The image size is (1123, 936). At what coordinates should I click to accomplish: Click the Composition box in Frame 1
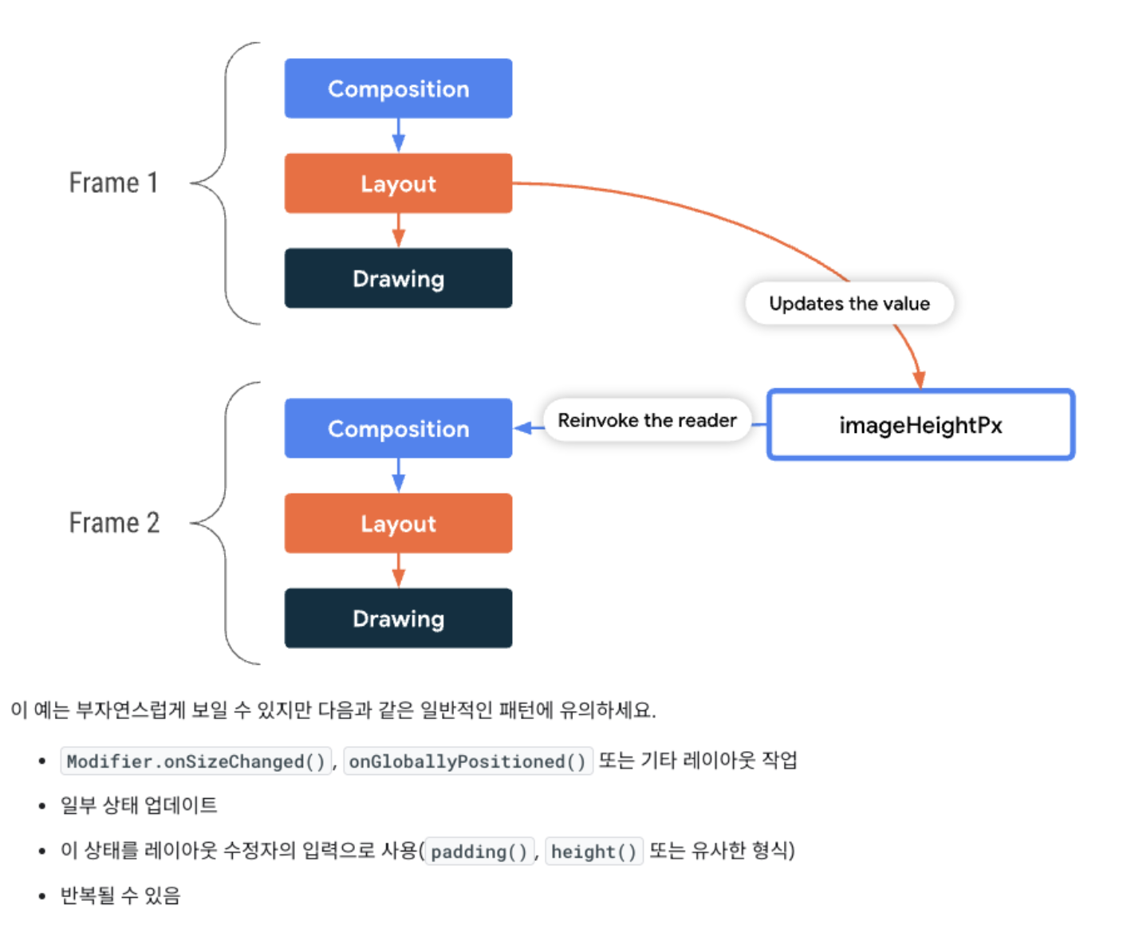click(x=398, y=88)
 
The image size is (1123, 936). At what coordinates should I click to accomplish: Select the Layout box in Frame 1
click(x=398, y=183)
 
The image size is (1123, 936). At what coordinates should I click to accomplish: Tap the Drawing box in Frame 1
click(x=398, y=278)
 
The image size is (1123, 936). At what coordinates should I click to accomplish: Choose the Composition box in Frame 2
click(x=398, y=428)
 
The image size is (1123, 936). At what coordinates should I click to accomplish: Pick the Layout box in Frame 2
click(x=398, y=523)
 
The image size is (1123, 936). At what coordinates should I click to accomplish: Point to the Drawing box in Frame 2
click(x=398, y=618)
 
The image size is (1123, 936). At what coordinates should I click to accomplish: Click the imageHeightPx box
click(x=920, y=425)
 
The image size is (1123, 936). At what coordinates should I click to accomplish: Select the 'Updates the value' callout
click(x=849, y=304)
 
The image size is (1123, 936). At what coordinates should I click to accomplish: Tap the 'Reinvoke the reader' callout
click(x=647, y=420)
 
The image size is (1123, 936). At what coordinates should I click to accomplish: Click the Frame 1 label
click(x=113, y=183)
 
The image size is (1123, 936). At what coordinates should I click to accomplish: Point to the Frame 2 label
click(x=114, y=523)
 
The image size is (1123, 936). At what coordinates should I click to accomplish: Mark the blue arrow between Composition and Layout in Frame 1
click(x=399, y=136)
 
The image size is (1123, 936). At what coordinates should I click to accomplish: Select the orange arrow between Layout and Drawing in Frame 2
click(x=399, y=571)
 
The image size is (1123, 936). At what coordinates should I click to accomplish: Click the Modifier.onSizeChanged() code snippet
click(x=196, y=761)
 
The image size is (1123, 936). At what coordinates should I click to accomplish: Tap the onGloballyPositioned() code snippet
click(x=468, y=761)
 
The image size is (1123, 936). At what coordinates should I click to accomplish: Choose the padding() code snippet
click(x=479, y=851)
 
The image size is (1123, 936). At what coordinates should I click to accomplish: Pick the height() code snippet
click(x=594, y=851)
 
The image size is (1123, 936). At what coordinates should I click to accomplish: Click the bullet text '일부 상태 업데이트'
click(x=139, y=805)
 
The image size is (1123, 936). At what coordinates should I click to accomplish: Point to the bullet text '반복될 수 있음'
click(x=120, y=895)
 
